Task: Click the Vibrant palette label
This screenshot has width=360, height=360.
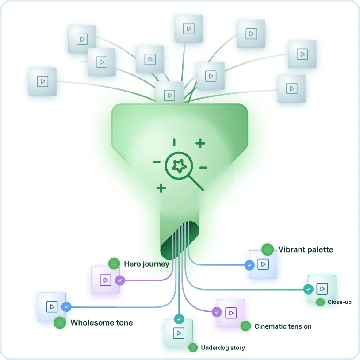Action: (x=306, y=249)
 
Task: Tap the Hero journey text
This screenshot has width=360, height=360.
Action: (x=146, y=264)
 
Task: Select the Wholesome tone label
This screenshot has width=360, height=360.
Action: (x=101, y=323)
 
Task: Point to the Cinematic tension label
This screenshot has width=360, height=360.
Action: (x=283, y=326)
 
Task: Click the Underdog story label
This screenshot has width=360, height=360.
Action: (x=222, y=348)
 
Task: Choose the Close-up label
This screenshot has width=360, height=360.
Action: (x=340, y=303)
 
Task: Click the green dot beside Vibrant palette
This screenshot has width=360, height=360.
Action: (x=268, y=249)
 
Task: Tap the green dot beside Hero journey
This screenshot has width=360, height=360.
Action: (x=114, y=264)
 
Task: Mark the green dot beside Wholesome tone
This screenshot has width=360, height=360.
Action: (x=60, y=323)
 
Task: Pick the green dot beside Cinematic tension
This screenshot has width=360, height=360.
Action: (x=246, y=326)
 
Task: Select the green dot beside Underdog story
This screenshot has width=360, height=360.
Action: (x=193, y=348)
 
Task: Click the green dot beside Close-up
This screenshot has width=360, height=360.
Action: (x=321, y=303)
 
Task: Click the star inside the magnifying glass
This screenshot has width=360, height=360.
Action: (x=179, y=166)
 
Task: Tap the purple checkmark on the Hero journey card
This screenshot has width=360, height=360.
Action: (x=120, y=280)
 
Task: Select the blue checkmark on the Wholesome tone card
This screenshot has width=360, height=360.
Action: (x=66, y=306)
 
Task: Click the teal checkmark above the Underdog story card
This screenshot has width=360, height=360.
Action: (x=179, y=318)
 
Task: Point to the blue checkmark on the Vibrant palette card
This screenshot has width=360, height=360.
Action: (x=249, y=265)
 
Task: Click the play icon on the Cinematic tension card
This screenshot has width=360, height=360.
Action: (x=231, y=313)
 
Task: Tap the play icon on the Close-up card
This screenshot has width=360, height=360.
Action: (x=322, y=289)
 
